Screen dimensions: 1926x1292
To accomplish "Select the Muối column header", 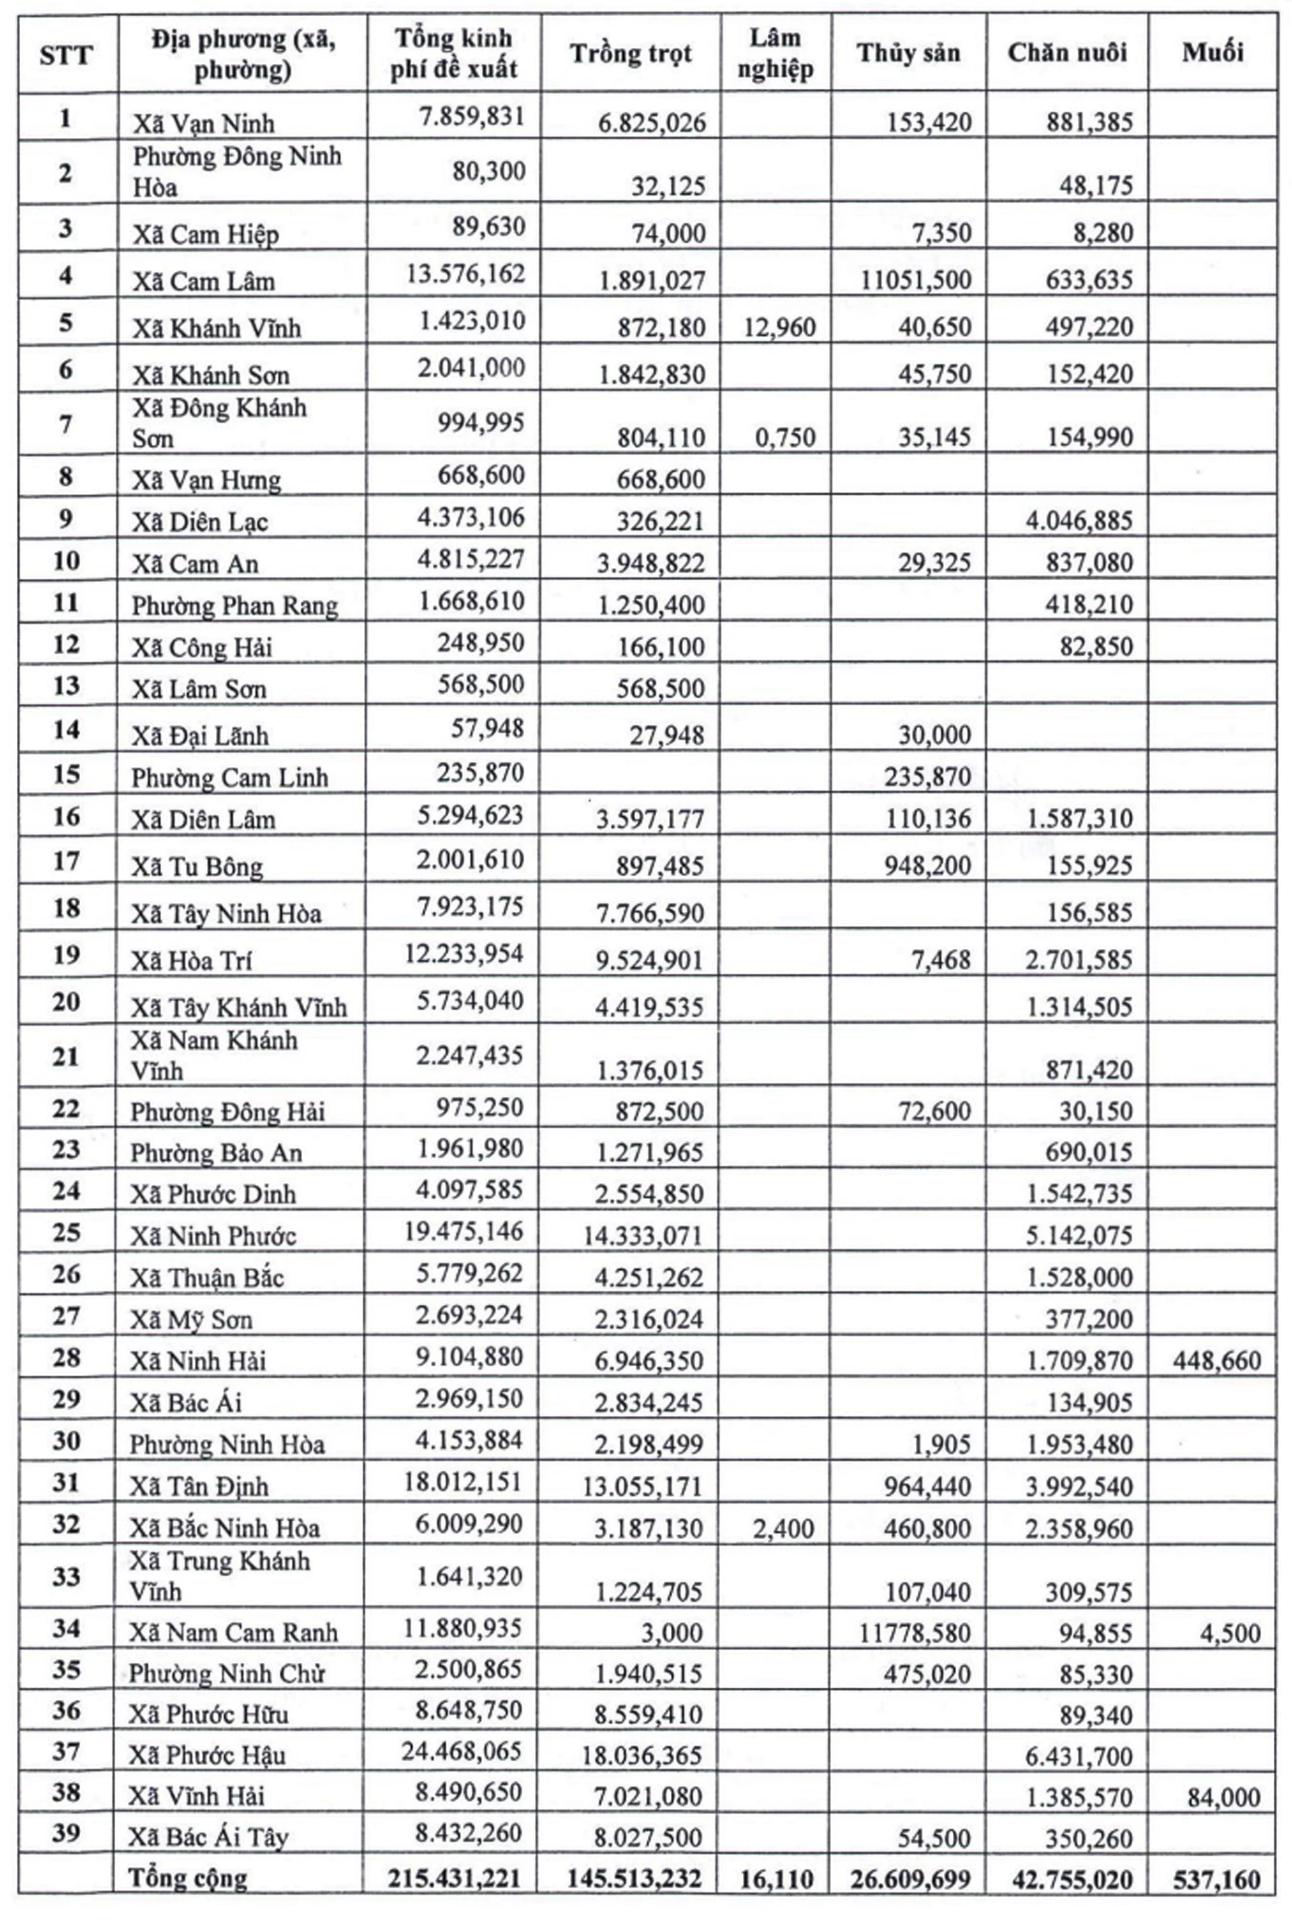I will (1212, 52).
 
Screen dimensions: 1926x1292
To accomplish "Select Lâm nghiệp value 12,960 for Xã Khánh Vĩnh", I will (779, 328).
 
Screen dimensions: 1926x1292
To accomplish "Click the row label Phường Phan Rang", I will (234, 606).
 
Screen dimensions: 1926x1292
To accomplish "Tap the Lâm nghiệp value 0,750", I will (785, 437).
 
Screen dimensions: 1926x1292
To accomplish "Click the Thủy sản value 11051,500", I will (917, 280).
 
